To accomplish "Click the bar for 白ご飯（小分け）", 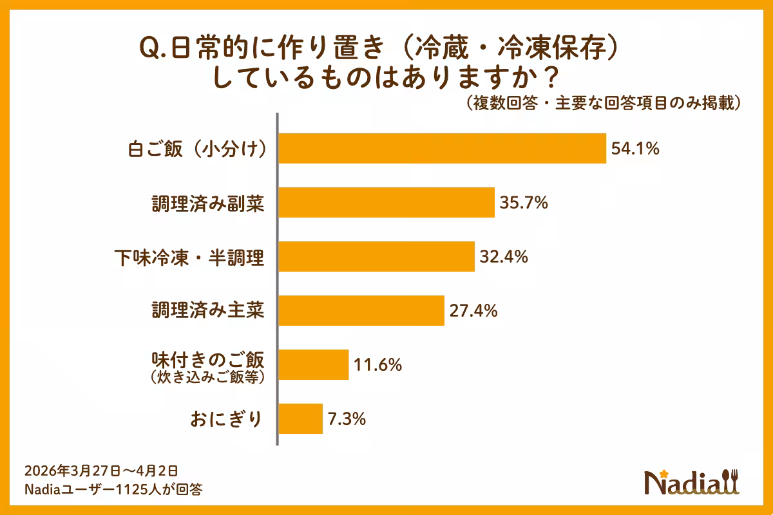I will point(442,149).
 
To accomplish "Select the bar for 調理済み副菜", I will point(386,203).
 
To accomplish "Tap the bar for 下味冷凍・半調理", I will point(376,257).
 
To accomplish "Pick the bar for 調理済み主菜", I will point(361,311).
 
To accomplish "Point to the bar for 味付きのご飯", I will point(314,365).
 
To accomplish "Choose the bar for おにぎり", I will point(300,418).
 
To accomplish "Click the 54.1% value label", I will point(635,149).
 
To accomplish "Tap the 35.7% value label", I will point(524,203).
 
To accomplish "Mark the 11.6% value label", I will point(377,365).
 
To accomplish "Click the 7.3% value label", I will point(347,419).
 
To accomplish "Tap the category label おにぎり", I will point(227,419).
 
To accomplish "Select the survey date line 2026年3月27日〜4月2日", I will point(100,471).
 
